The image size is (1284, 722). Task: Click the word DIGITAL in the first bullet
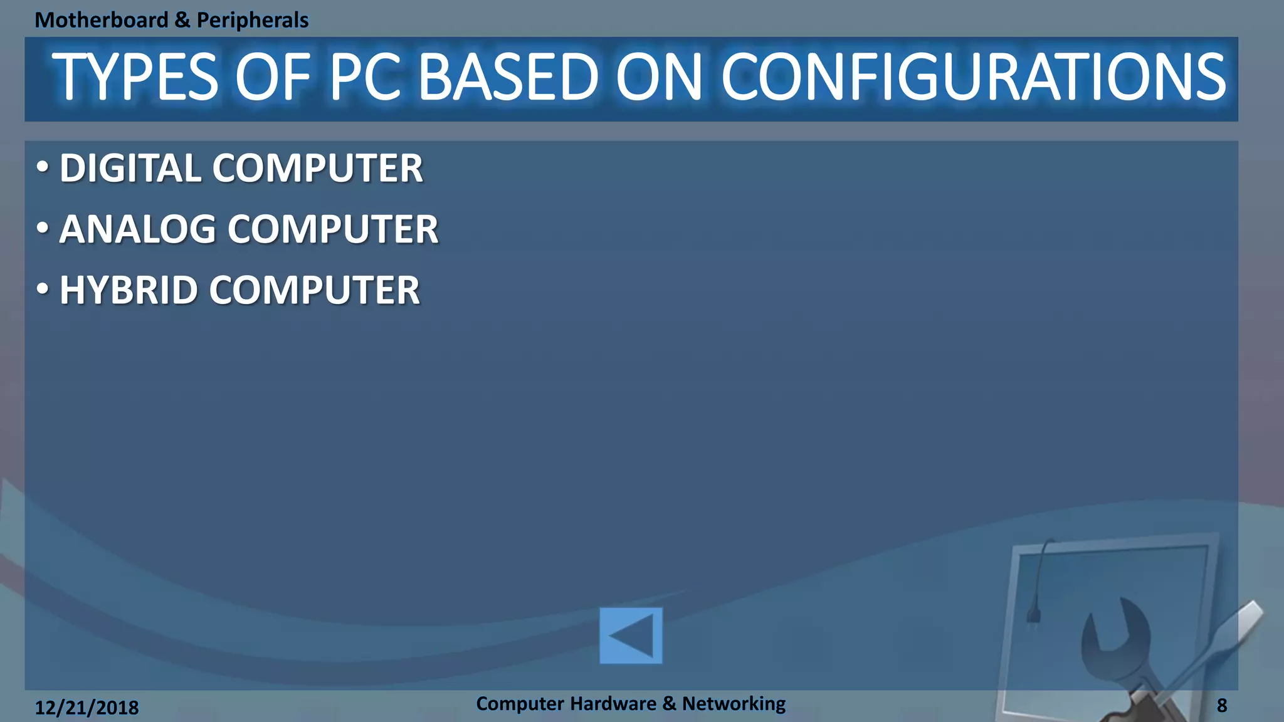click(131, 169)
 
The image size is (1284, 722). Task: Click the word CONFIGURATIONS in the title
click(973, 78)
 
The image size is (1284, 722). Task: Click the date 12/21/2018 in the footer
click(87, 708)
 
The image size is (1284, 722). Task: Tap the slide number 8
click(1222, 706)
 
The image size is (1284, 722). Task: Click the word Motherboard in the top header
click(102, 20)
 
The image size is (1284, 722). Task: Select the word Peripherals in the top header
click(253, 20)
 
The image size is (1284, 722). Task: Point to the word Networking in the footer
click(734, 703)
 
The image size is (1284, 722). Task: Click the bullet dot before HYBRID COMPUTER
click(42, 290)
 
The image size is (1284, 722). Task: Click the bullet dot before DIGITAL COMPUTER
click(42, 167)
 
